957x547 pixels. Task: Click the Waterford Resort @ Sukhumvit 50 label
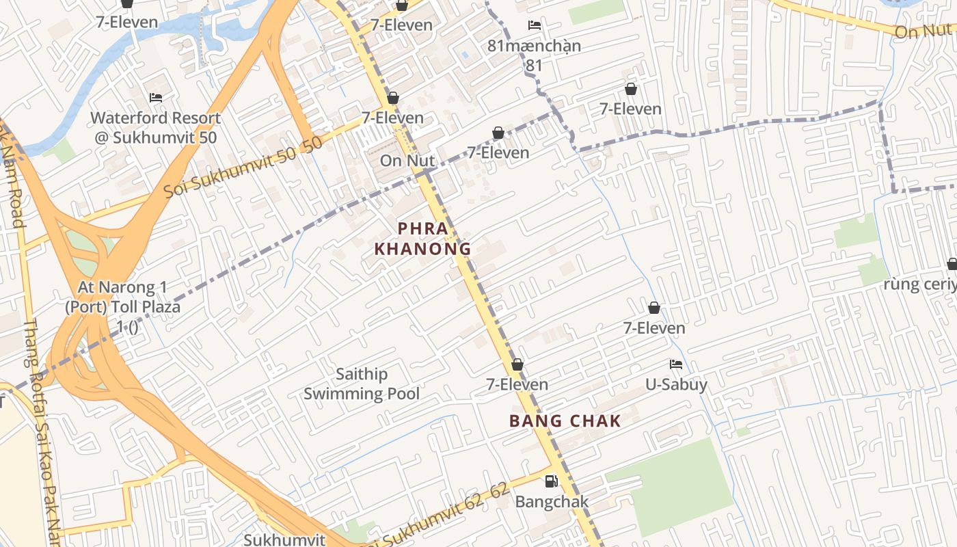pos(156,127)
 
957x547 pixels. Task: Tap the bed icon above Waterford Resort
pos(156,98)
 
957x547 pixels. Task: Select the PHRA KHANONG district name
pos(423,238)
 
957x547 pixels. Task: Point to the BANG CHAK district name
pos(565,421)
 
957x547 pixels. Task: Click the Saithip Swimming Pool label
pos(362,384)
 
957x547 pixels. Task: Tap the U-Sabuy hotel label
pos(676,384)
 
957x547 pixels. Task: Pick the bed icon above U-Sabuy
pos(676,364)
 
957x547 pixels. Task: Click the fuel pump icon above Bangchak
pos(551,481)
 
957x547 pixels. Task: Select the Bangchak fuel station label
pos(552,501)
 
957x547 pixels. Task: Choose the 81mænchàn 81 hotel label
pos(535,55)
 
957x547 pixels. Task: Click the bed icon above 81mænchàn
pos(535,25)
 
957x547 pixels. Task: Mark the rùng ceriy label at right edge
pos(919,284)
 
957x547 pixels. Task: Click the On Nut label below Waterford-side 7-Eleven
pos(407,161)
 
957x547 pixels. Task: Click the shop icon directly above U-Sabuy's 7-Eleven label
pos(654,308)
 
